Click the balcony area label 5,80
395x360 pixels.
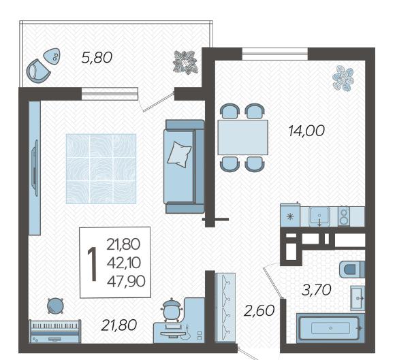tap(97, 58)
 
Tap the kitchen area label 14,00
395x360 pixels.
tap(306, 131)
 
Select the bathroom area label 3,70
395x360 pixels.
tap(317, 290)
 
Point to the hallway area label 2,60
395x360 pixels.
tap(259, 310)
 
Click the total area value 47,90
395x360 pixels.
tap(126, 281)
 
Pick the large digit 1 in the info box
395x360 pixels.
tap(92, 263)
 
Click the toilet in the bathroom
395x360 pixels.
tap(351, 269)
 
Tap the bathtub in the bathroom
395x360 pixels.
tap(330, 328)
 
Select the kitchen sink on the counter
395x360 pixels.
tap(319, 216)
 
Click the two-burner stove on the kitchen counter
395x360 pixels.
tap(344, 216)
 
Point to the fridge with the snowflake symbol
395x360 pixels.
tap(290, 215)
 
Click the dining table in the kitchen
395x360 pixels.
tap(243, 137)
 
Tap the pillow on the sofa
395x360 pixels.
tap(179, 154)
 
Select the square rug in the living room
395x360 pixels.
tap(101, 169)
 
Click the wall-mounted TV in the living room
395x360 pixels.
tap(35, 168)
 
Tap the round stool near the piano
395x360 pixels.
tap(55, 306)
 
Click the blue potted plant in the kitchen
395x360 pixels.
tap(343, 78)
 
